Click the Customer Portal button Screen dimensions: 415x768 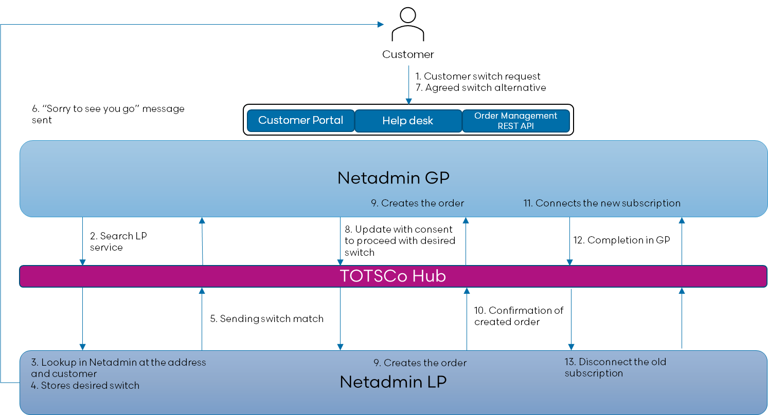[300, 120]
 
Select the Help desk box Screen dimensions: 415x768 [408, 121]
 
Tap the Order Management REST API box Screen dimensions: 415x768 [516, 121]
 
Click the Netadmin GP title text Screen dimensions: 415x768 [393, 178]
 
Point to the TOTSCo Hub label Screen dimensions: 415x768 [392, 276]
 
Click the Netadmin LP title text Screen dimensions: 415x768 [393, 382]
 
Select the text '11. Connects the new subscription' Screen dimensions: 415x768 [602, 203]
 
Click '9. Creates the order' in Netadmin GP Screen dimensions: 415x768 [417, 203]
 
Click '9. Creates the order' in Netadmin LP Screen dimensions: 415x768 [420, 363]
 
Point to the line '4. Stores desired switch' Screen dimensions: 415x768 [85, 385]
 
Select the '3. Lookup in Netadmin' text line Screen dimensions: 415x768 [118, 362]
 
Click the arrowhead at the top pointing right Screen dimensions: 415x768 [381, 24]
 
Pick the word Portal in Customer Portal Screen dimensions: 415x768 [327, 120]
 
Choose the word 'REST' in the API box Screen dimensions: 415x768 [507, 126]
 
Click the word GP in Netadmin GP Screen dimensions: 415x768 [438, 178]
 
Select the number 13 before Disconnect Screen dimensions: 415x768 [569, 362]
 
